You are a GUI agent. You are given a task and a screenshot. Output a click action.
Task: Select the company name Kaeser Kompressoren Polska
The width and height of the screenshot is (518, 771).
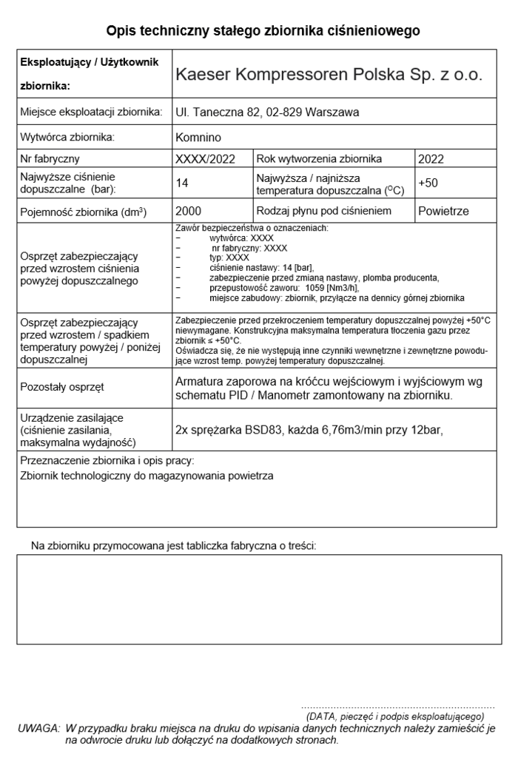point(329,75)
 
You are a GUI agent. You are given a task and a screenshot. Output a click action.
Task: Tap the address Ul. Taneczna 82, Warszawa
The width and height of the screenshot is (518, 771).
point(267,112)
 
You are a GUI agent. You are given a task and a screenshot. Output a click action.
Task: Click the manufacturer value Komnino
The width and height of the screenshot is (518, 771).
point(198,137)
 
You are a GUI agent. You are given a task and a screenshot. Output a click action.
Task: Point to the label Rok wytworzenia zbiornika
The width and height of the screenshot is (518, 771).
point(319,158)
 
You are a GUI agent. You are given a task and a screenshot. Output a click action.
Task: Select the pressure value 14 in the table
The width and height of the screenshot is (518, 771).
point(182,184)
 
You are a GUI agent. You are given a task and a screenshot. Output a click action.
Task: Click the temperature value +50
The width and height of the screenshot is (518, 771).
point(429,184)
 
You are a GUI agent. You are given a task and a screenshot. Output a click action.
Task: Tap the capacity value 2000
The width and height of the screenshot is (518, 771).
point(189,211)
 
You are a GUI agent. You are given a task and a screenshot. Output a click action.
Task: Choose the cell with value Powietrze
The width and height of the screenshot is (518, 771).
point(443,211)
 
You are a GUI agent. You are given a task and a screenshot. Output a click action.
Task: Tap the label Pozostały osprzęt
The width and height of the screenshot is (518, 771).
point(62,386)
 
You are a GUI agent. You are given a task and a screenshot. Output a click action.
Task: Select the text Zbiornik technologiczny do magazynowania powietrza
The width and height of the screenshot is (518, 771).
point(147,476)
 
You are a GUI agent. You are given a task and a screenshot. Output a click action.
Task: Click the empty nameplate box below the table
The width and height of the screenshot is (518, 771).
point(258,599)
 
